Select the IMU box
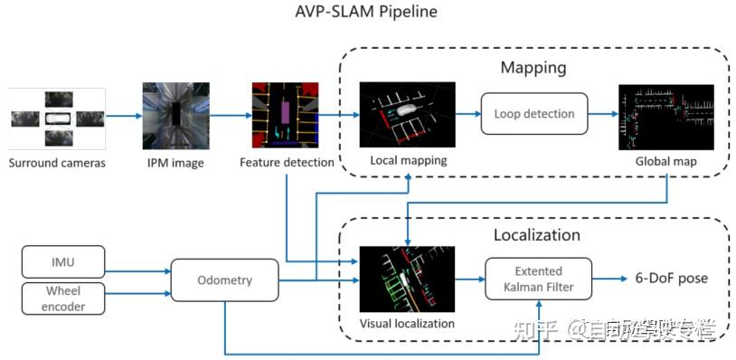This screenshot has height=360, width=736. pos(64,263)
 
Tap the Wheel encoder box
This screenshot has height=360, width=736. pos(64,298)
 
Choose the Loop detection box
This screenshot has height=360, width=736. pos(534,115)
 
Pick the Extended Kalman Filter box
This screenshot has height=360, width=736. pos(538,279)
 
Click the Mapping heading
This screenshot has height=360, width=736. pos(533,68)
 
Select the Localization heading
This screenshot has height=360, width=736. pos(538,234)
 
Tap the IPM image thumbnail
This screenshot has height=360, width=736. pos(175,117)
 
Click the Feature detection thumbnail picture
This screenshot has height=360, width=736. pos(287,117)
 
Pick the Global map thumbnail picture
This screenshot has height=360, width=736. pos(665,117)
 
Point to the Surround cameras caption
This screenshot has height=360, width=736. pos(57,163)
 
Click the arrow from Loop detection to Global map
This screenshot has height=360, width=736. pos(602,116)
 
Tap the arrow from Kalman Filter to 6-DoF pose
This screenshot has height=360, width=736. pos(611,279)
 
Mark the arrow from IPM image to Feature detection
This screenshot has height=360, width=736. pos(231,117)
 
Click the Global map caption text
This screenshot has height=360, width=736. pos(665,161)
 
